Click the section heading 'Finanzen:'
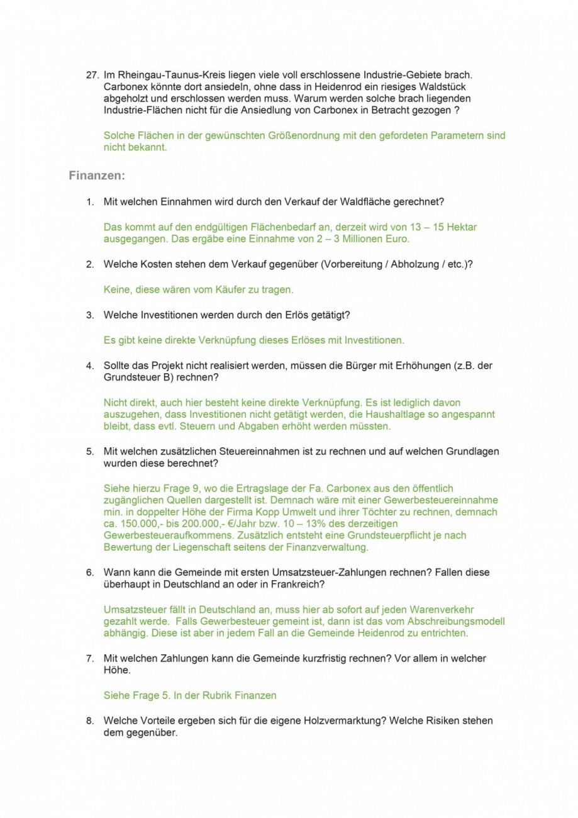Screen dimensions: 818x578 97,176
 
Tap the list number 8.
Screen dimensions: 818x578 90,720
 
